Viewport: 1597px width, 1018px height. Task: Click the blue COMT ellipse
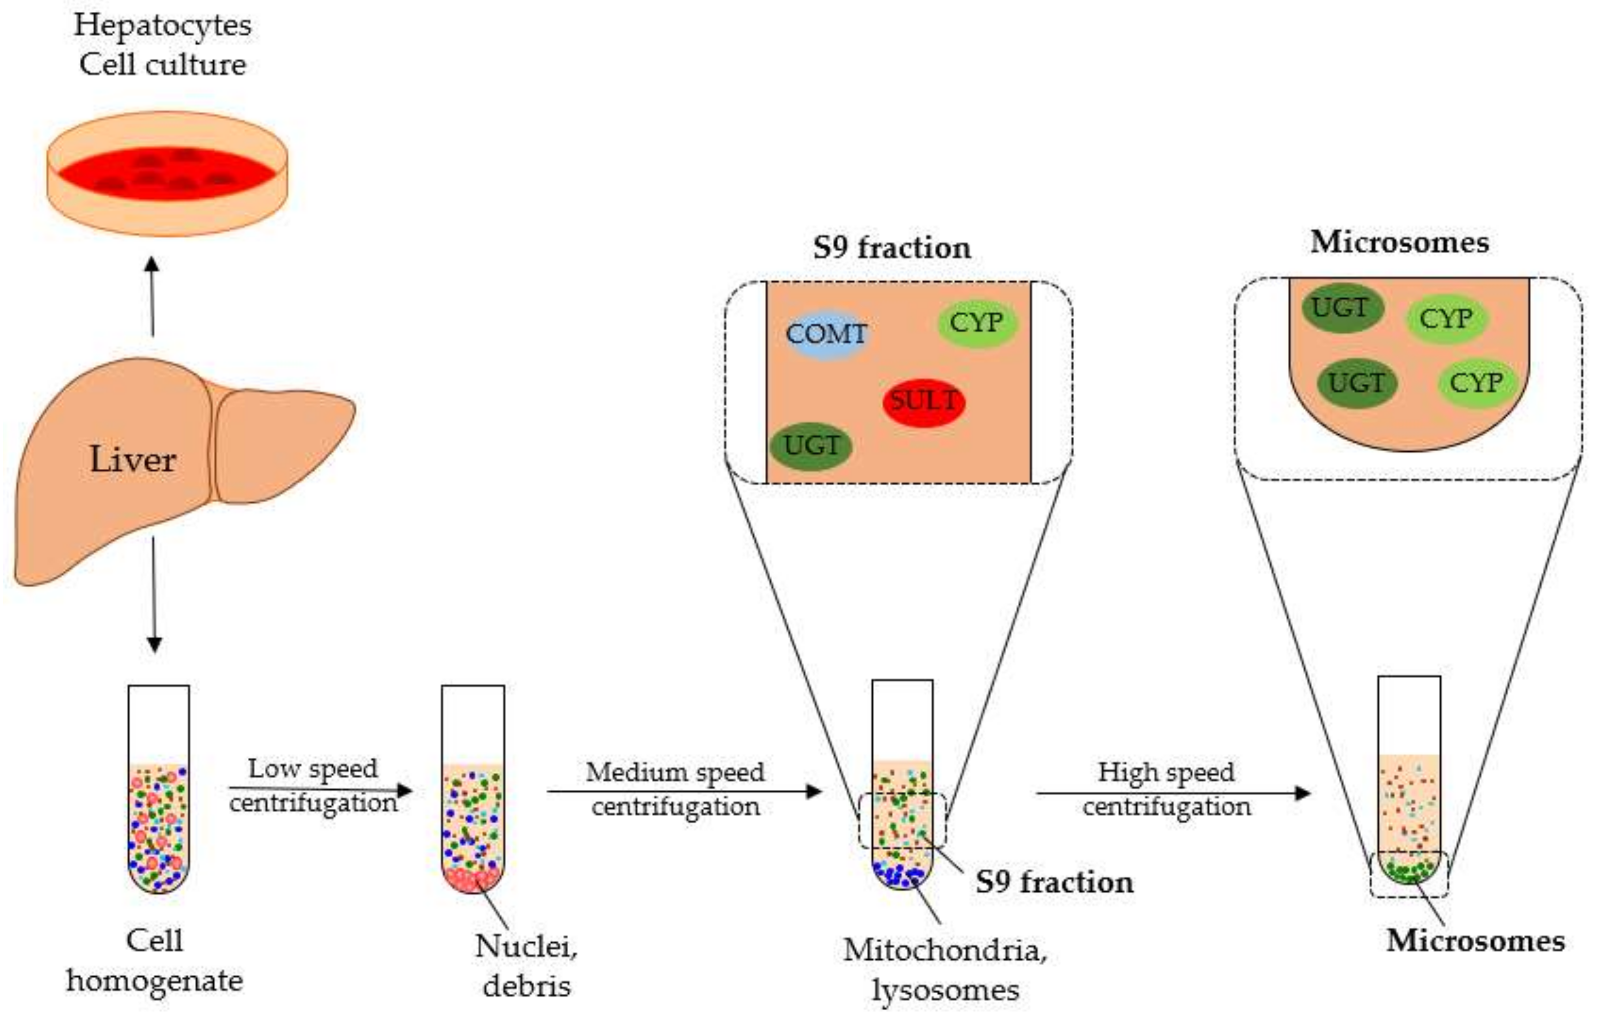826,334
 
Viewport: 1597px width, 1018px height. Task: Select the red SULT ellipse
923,402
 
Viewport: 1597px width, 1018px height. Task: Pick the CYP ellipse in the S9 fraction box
976,324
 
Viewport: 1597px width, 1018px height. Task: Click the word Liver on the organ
132,460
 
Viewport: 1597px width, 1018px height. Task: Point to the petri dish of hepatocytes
167,174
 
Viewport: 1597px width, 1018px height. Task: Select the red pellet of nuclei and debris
472,880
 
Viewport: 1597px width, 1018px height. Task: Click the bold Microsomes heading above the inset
1399,242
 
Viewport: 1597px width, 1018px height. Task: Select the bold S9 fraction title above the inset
892,248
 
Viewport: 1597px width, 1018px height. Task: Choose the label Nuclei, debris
526,965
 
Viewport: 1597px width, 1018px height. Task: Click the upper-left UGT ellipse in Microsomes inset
1341,308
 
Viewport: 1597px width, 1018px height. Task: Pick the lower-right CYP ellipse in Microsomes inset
1476,383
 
